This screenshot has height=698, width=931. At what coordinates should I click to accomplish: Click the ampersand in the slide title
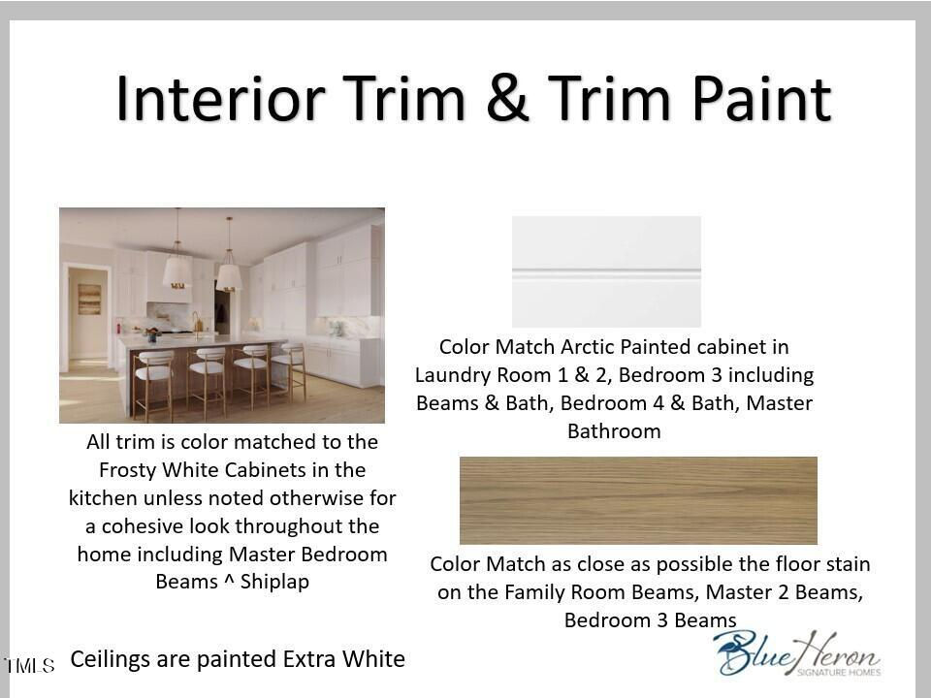coord(506,99)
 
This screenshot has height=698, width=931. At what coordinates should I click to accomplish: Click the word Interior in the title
coord(221,99)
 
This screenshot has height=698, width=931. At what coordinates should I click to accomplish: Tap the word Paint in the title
coord(762,99)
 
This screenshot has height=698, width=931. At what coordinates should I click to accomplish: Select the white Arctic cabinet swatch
coord(606,271)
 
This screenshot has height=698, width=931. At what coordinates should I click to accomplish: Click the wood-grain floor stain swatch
coord(638,500)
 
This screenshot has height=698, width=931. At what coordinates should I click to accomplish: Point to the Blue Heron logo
coord(797,652)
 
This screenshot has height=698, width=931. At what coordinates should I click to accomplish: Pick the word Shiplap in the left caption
coord(274,582)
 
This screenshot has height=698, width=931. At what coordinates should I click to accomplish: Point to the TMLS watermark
coord(30,665)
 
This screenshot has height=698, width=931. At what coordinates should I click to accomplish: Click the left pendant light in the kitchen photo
coord(177,270)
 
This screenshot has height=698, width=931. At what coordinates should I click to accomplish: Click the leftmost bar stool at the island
coord(153,383)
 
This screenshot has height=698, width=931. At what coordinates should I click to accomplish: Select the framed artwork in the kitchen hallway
coord(89,300)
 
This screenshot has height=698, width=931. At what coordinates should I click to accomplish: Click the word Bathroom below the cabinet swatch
coord(614,430)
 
